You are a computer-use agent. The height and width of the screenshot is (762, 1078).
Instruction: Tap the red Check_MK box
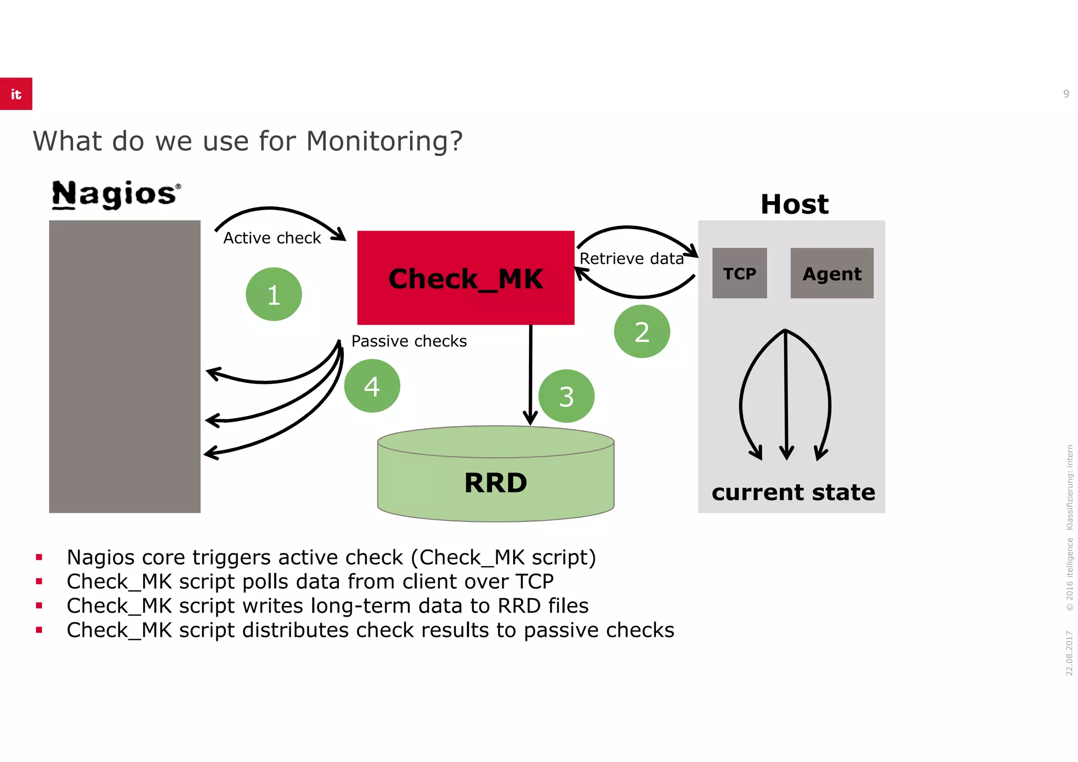click(x=465, y=278)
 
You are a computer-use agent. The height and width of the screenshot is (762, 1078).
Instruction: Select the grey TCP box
click(x=739, y=273)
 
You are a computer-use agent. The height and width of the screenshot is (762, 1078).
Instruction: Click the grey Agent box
click(x=832, y=273)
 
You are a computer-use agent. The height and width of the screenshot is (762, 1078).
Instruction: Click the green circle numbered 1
click(x=273, y=294)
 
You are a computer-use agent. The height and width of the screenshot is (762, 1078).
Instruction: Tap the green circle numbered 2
click(x=642, y=332)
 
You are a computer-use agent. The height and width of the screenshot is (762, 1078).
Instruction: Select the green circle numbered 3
click(x=566, y=396)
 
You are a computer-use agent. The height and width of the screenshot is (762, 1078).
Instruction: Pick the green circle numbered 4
click(x=372, y=386)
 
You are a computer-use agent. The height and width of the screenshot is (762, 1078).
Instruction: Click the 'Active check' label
click(x=272, y=238)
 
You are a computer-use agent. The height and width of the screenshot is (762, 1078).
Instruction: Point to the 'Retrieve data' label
click(x=631, y=259)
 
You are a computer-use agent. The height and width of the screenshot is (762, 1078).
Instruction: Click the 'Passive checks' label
click(x=409, y=341)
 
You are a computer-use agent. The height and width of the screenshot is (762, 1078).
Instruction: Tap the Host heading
click(x=794, y=204)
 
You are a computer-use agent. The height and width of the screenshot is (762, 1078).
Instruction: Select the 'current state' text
click(x=793, y=492)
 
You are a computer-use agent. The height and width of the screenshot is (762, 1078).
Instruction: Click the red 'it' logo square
click(x=16, y=94)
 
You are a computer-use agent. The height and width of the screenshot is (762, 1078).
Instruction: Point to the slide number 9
click(x=1066, y=94)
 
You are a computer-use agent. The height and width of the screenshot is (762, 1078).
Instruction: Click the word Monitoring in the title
click(x=384, y=141)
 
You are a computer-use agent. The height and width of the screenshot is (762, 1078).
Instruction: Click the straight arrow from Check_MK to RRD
click(x=531, y=374)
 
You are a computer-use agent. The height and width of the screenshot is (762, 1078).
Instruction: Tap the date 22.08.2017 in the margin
click(x=1069, y=653)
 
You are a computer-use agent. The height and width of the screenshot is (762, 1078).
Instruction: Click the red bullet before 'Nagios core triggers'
click(x=39, y=557)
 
